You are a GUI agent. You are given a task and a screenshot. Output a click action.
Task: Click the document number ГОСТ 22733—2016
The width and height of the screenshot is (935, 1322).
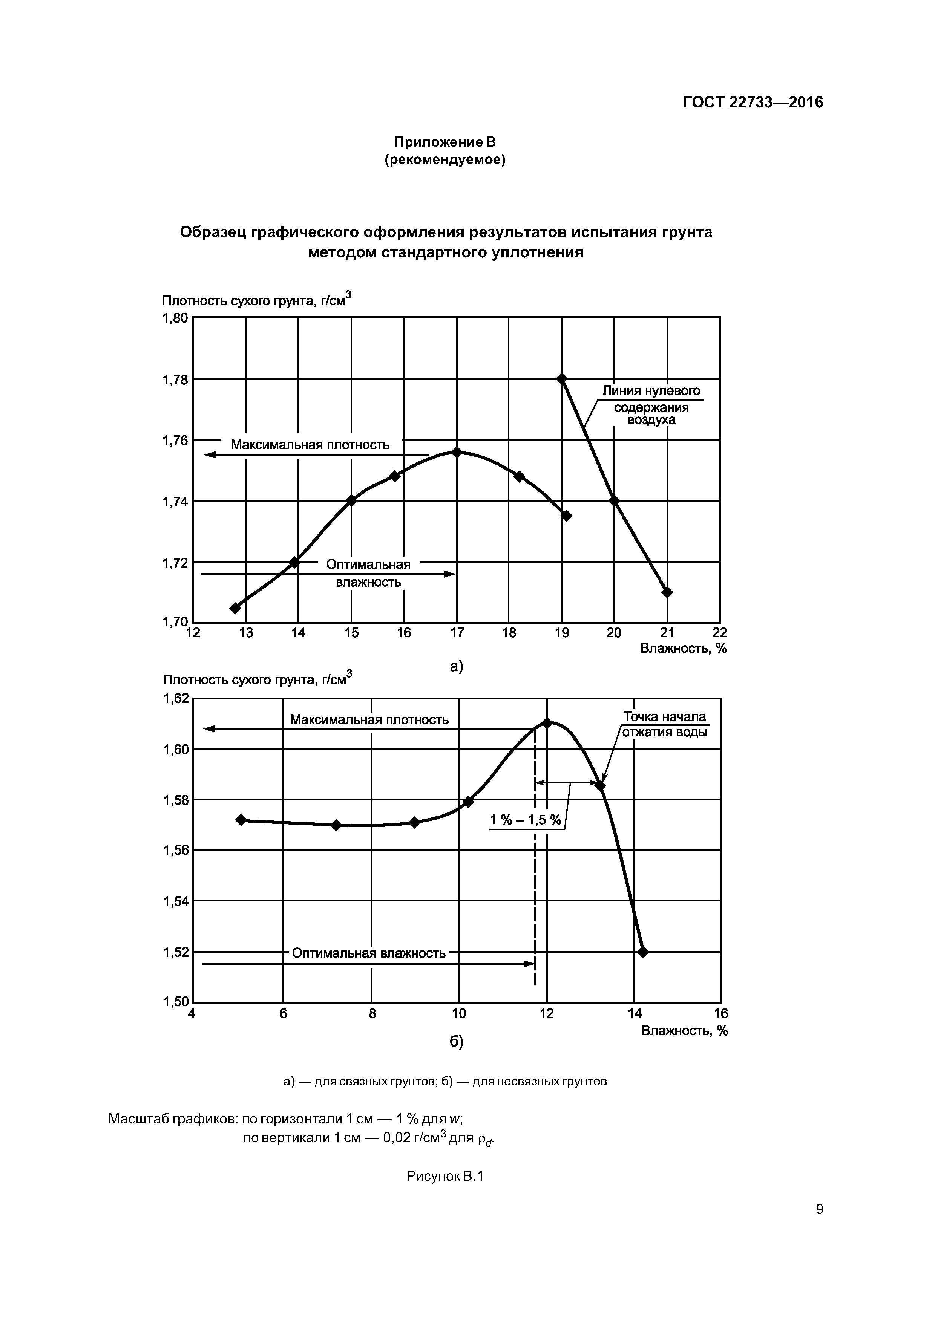[753, 103]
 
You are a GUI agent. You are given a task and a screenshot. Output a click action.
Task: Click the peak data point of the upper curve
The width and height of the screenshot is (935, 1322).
[457, 453]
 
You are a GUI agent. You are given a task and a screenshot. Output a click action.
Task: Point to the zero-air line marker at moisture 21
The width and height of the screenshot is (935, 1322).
[667, 592]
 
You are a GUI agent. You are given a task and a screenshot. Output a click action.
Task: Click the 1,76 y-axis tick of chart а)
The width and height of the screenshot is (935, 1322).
[175, 441]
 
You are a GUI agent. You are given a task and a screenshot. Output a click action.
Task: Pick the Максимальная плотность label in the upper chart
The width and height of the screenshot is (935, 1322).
[310, 445]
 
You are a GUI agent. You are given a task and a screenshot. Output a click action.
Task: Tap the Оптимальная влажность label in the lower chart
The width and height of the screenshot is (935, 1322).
[369, 953]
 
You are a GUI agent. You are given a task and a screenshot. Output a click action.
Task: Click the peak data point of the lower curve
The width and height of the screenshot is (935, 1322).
[547, 722]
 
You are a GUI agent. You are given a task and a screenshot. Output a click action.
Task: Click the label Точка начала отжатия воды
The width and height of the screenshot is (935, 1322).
[665, 724]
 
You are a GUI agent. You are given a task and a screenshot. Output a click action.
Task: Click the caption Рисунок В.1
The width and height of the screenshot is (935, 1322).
[445, 1176]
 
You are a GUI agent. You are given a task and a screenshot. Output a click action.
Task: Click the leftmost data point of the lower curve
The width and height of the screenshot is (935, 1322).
[241, 820]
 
